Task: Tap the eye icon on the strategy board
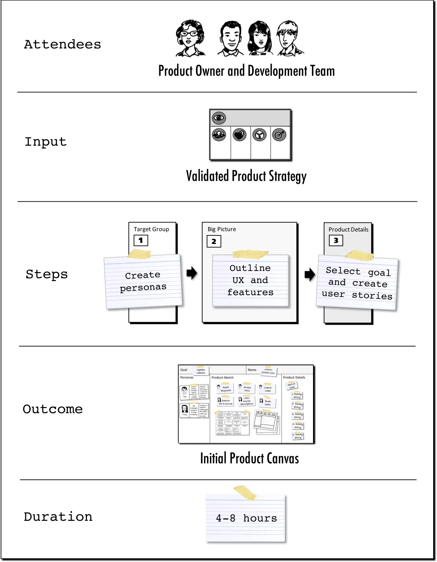(219, 118)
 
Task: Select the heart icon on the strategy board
(239, 135)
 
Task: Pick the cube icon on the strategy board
(259, 135)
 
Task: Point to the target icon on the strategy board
(279, 135)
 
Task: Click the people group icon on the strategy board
(219, 134)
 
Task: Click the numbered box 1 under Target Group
(141, 240)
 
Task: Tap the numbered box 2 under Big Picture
(214, 241)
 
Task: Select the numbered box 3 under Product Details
(336, 241)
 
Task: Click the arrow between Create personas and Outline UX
(191, 273)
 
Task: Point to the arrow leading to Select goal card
(310, 274)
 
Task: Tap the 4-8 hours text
(246, 518)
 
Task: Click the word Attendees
(62, 45)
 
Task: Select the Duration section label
(58, 517)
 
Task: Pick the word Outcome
(53, 409)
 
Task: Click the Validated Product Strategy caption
(246, 176)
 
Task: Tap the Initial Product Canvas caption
(249, 458)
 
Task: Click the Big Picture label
(222, 229)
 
